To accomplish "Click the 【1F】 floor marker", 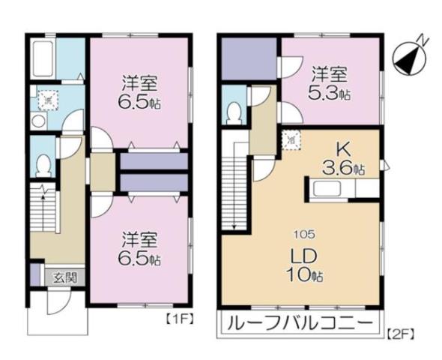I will tap(179, 318).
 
